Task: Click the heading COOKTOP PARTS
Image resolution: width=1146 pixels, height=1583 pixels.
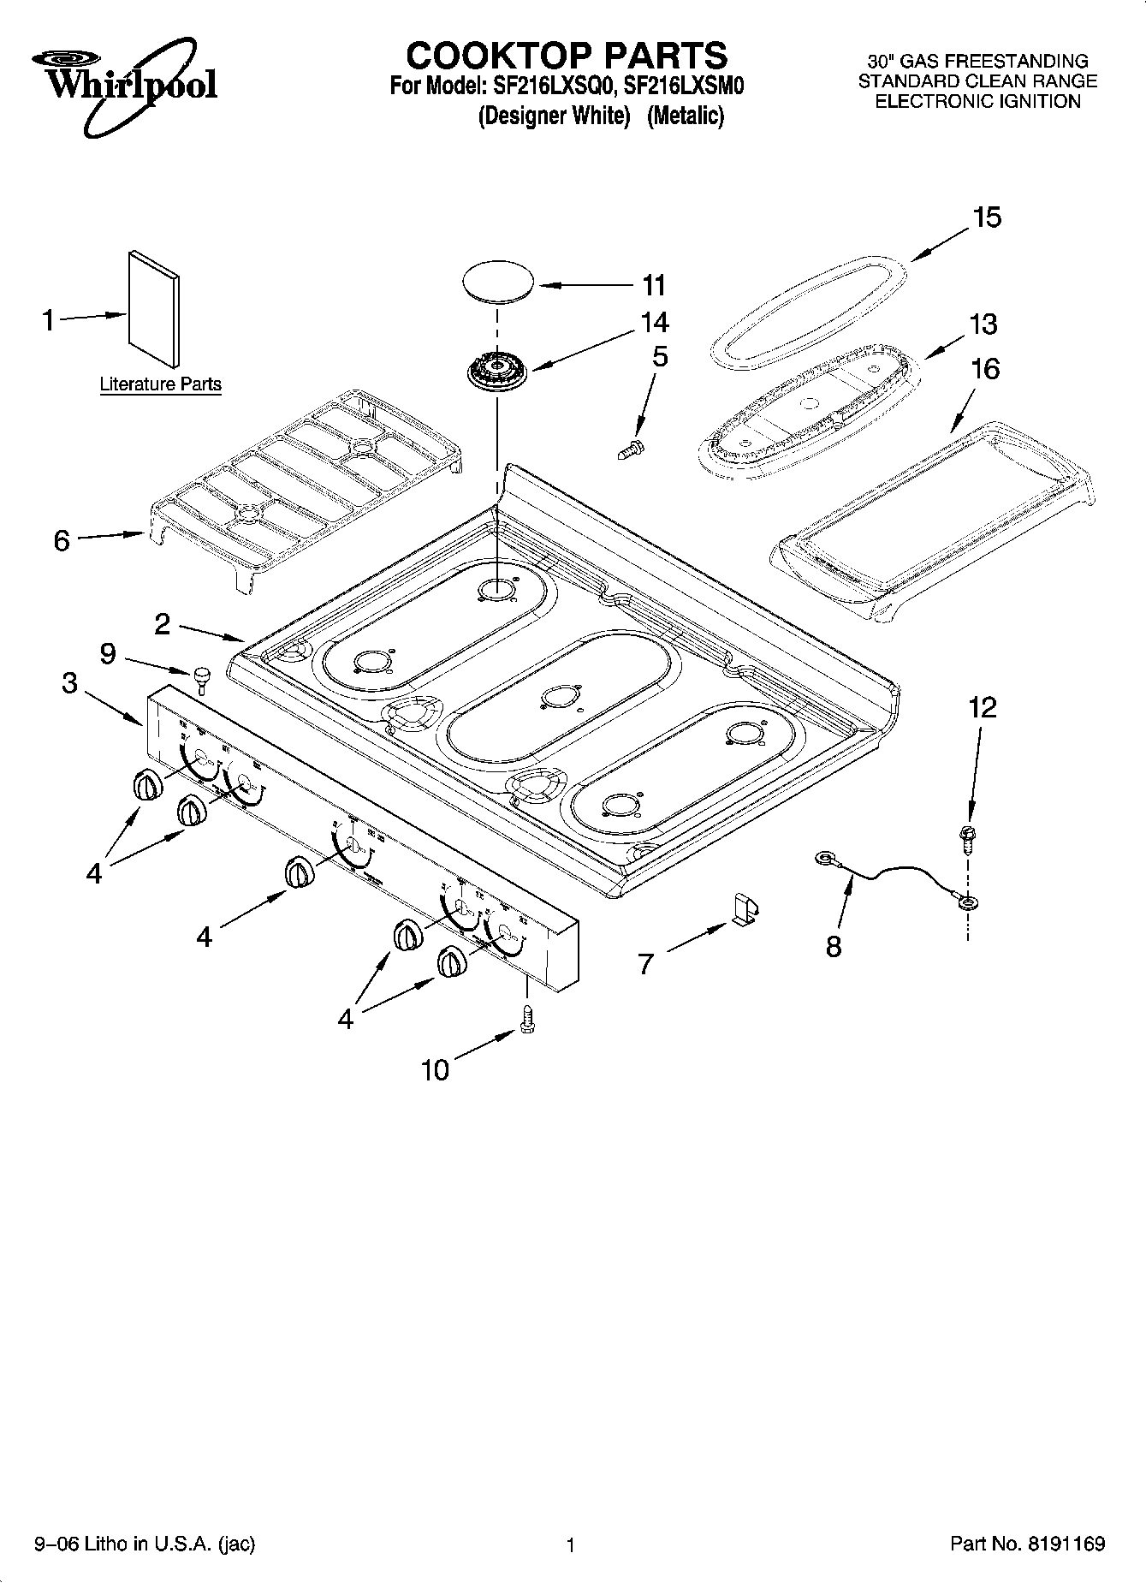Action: [566, 55]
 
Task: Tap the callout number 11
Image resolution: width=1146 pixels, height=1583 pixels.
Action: [653, 285]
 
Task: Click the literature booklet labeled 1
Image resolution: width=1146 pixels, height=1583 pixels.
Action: [155, 307]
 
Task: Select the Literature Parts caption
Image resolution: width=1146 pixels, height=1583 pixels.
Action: [160, 384]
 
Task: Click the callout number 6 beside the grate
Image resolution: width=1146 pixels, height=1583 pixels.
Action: [62, 541]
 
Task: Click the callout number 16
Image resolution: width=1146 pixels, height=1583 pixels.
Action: [986, 369]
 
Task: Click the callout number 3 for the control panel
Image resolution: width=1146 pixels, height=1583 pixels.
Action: [69, 683]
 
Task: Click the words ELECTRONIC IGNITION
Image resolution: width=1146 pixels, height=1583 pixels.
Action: [977, 102]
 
